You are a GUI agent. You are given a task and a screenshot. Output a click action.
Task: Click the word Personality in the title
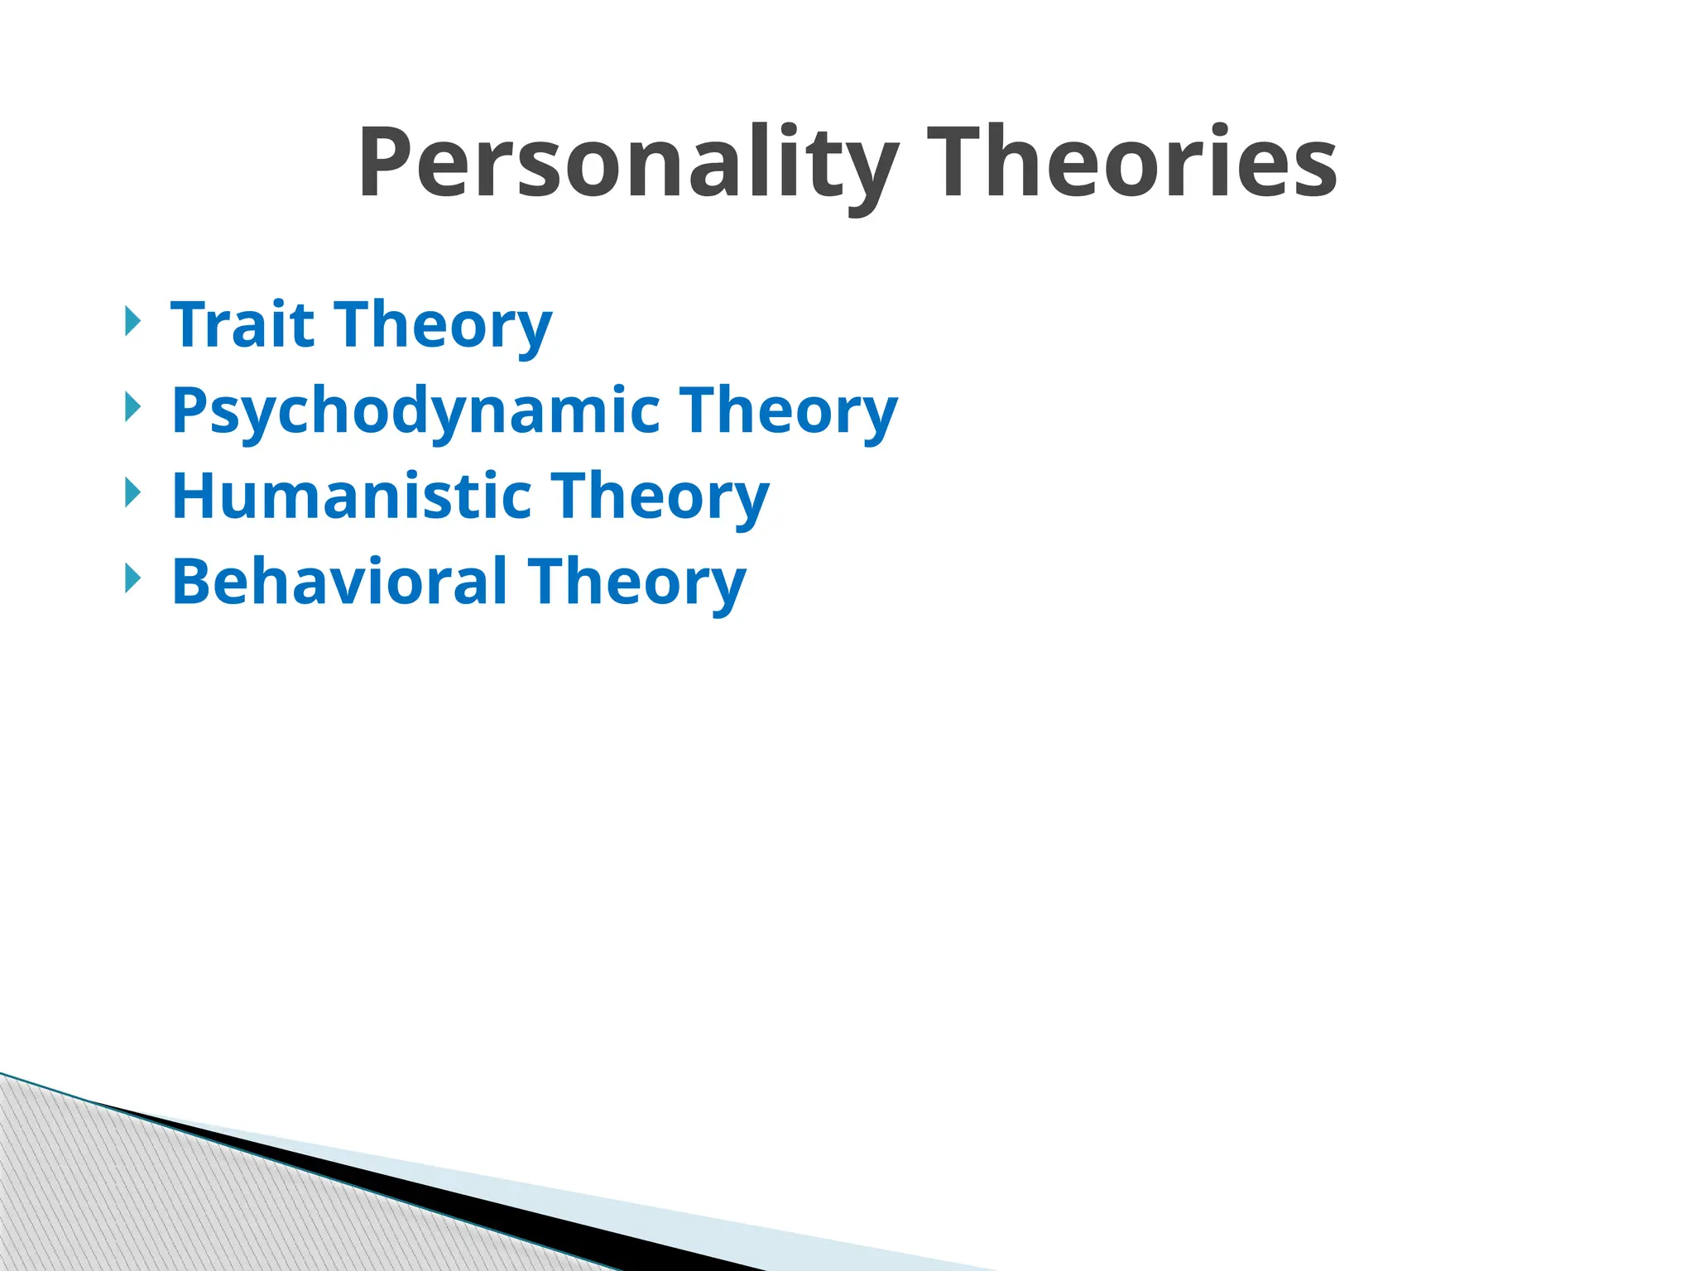627,163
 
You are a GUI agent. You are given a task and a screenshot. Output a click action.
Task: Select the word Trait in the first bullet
242,324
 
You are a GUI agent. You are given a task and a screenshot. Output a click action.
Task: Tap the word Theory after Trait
443,326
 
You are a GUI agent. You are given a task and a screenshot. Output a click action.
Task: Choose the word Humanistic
352,496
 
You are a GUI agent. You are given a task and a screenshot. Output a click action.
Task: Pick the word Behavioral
339,582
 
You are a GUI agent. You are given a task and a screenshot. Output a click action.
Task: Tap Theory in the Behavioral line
637,583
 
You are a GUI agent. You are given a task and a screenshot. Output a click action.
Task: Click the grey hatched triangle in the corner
124,1200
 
